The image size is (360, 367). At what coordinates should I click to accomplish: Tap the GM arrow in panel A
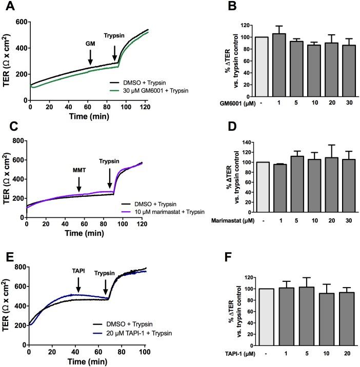90,54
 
